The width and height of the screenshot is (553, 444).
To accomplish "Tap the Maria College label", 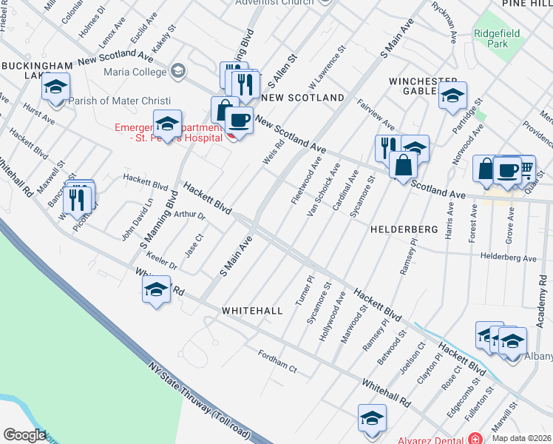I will [x=135, y=72].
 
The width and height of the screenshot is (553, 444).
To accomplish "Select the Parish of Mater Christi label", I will [x=119, y=101].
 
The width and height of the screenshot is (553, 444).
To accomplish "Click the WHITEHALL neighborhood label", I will [x=252, y=312].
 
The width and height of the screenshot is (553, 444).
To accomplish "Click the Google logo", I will [x=24, y=435].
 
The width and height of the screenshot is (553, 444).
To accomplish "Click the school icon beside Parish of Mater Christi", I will [x=56, y=88].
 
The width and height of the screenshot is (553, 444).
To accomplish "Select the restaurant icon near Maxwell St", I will [x=76, y=198].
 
